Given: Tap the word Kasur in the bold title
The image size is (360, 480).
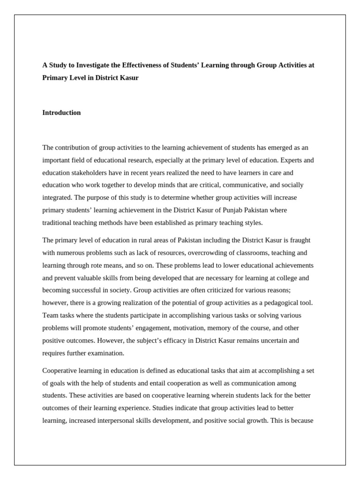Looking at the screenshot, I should (x=129, y=78).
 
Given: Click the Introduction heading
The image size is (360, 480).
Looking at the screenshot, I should (x=61, y=112).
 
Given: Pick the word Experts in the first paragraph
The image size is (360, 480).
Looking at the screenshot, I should (x=289, y=160).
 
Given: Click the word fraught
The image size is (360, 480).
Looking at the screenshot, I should (x=300, y=240).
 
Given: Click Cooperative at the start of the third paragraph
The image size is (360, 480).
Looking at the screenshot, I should (x=60, y=370).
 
